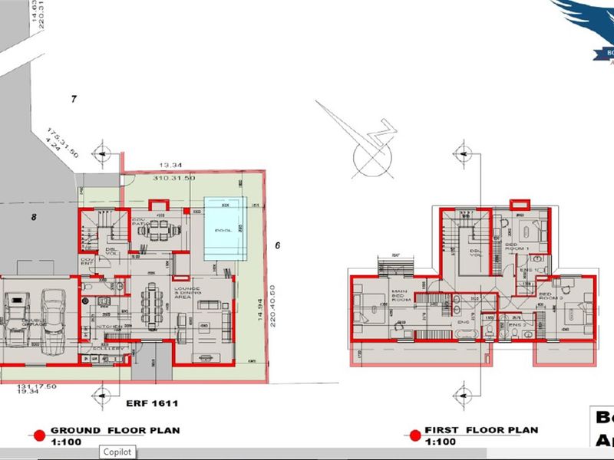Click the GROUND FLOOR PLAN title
(115, 431)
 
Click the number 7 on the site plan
(74, 98)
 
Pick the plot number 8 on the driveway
(34, 217)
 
